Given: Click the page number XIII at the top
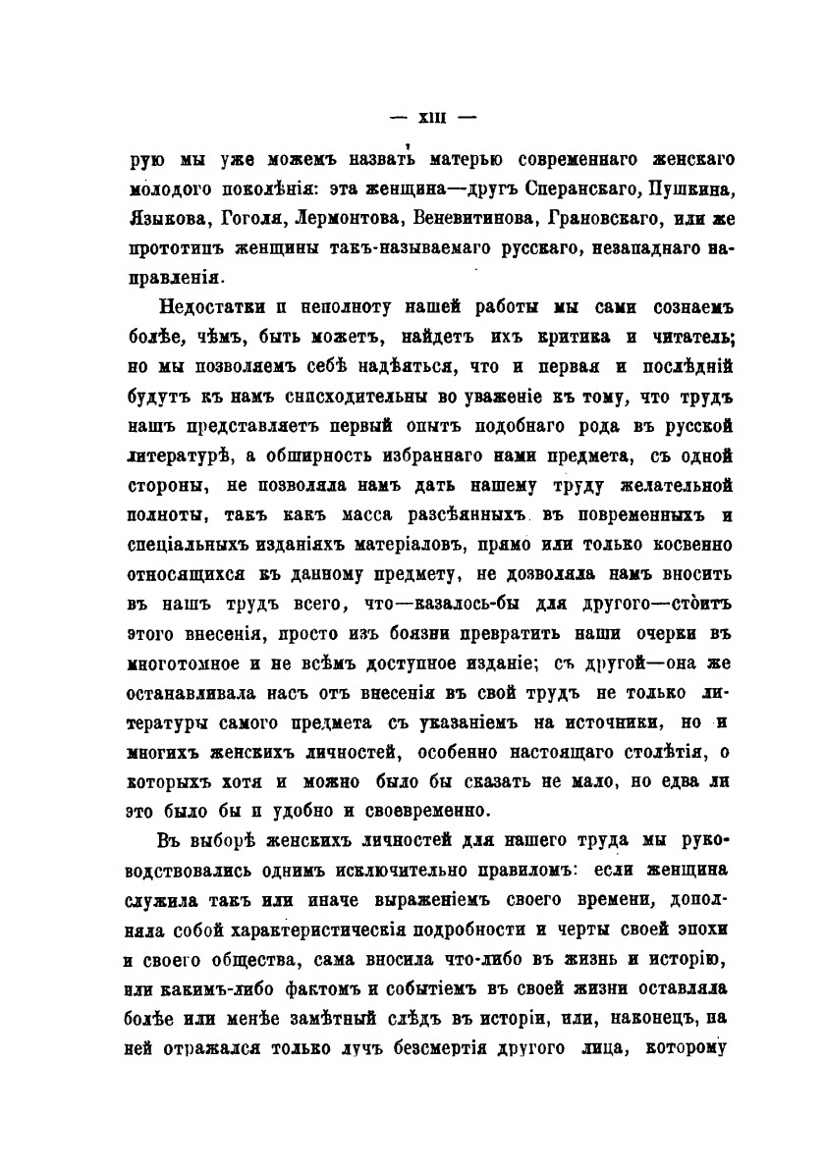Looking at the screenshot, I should [433, 117].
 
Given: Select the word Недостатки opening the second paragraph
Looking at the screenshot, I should [207, 307].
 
